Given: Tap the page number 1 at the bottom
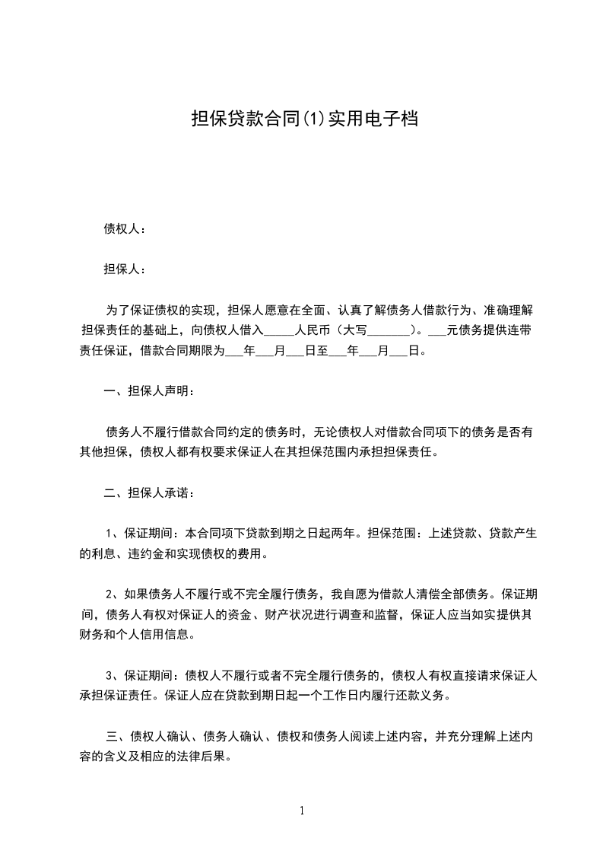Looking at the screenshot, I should click(302, 811).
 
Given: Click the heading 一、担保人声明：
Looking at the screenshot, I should click(150, 391).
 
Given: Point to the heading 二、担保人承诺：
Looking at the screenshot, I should click(150, 493).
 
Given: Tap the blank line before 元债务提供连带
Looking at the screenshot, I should click(438, 332).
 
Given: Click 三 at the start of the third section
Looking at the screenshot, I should click(110, 737).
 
